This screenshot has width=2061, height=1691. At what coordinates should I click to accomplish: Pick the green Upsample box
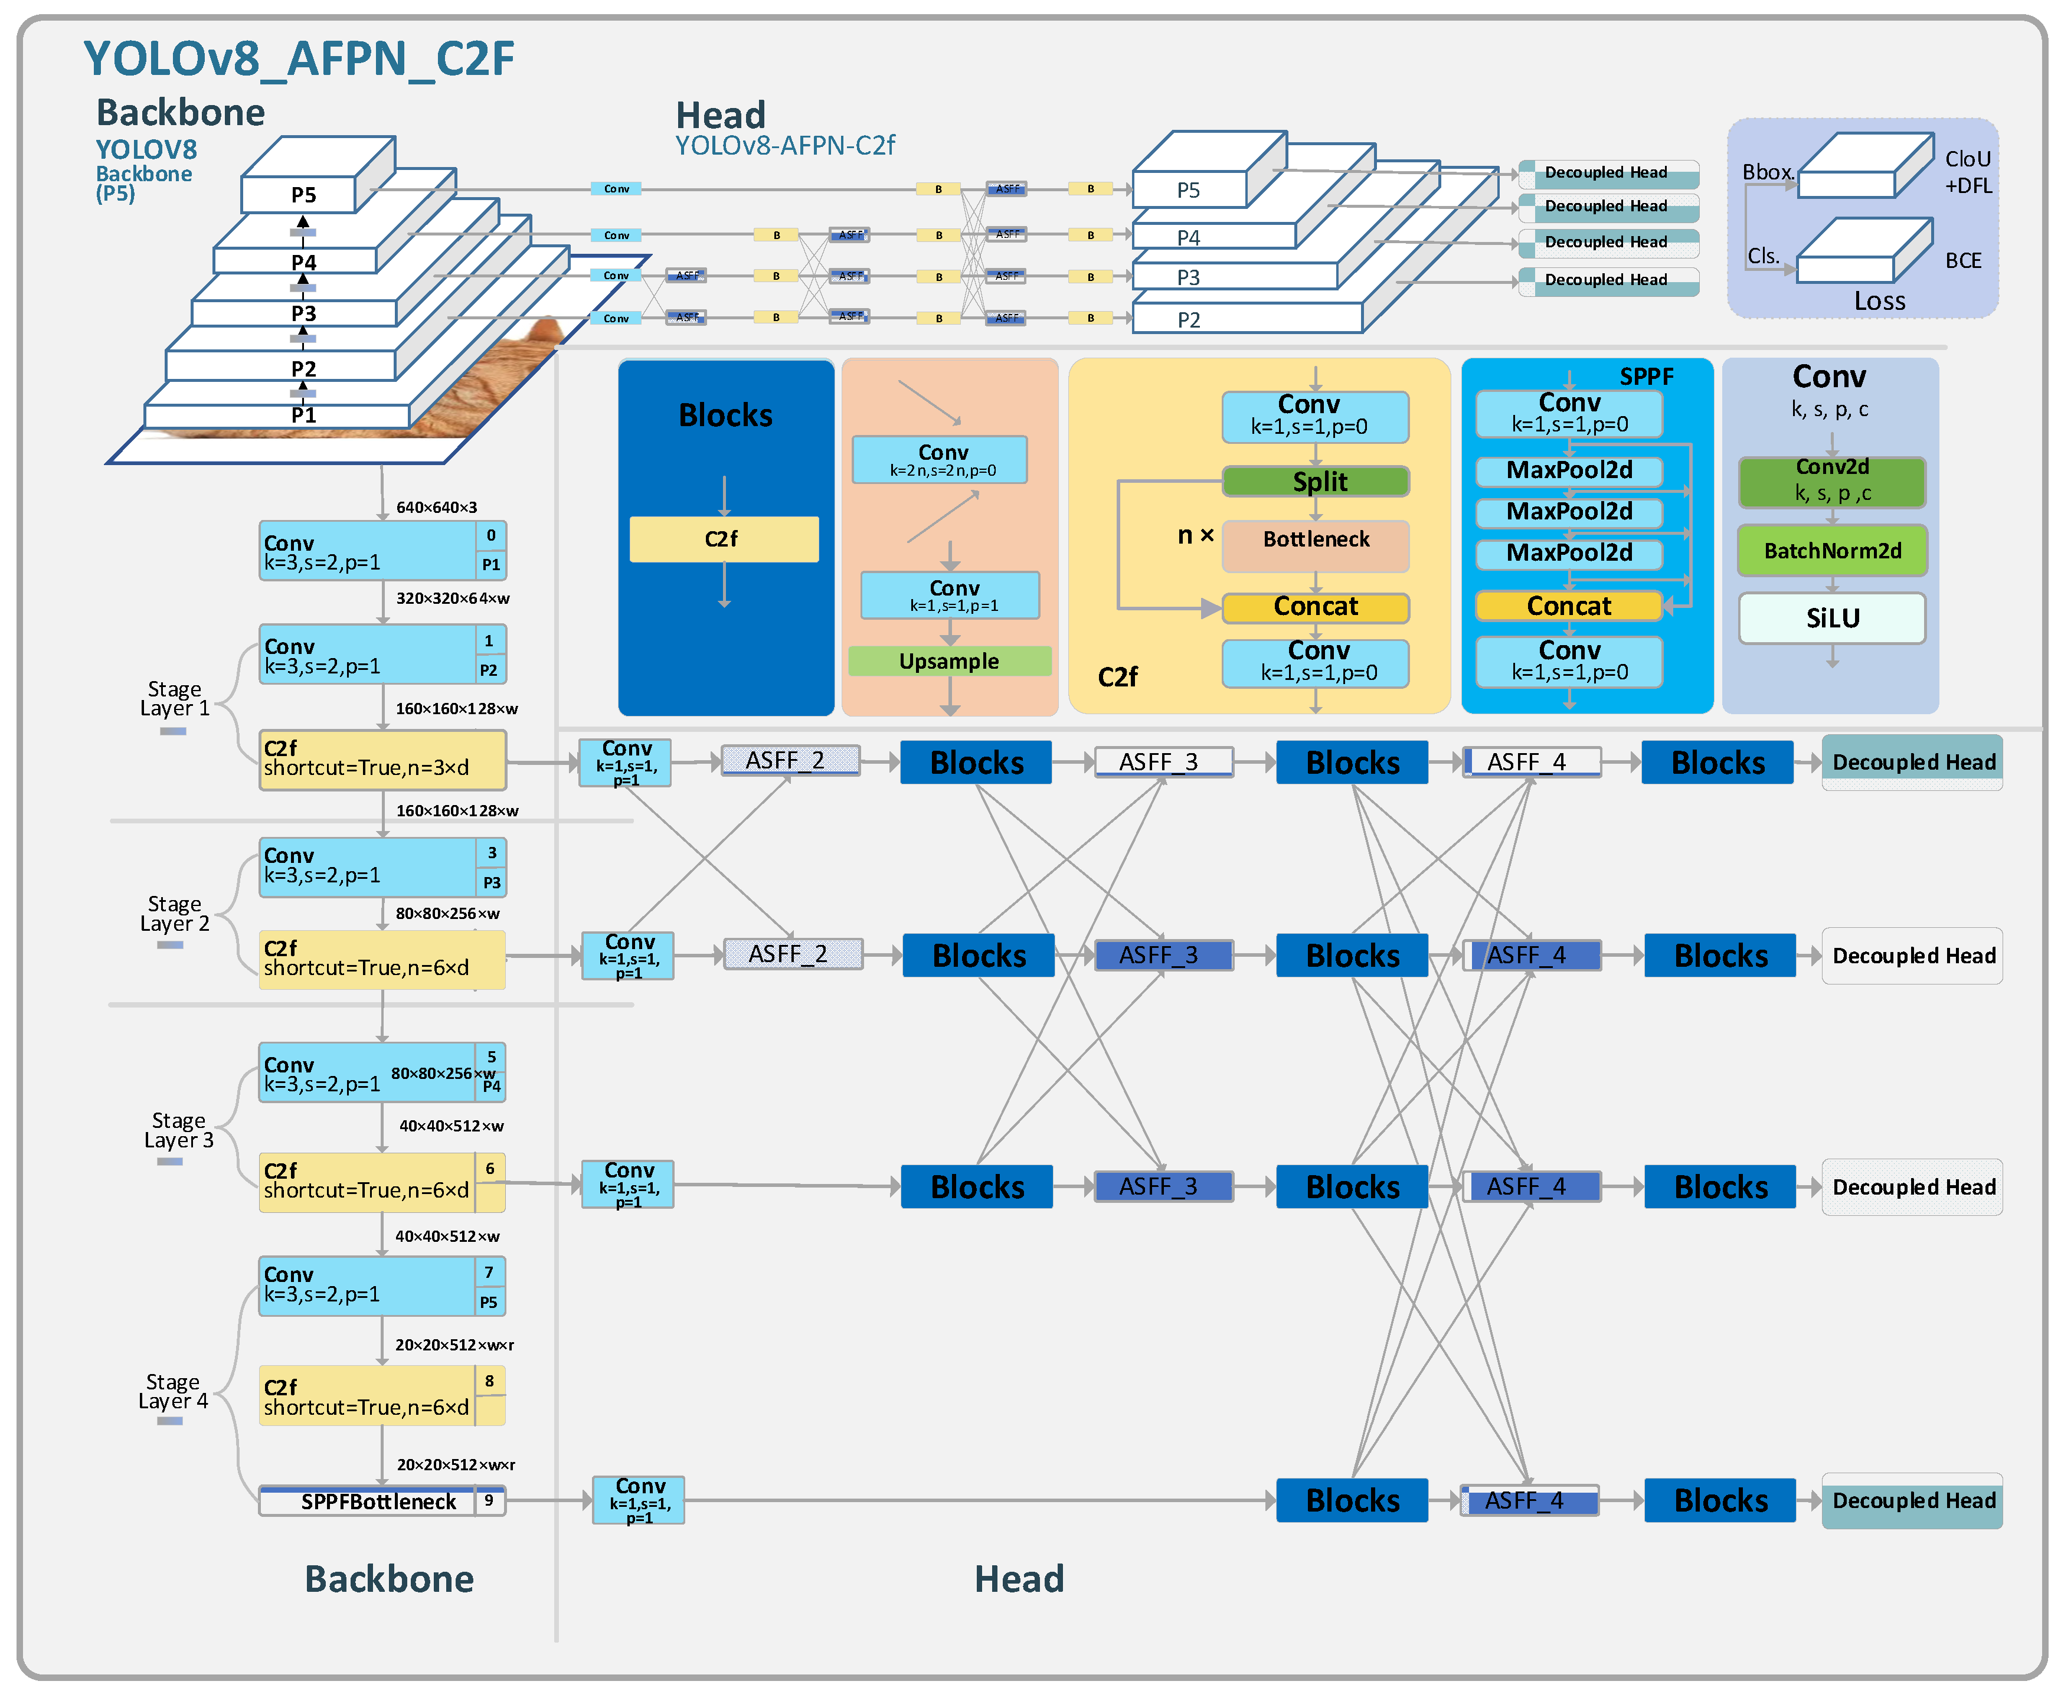[948, 662]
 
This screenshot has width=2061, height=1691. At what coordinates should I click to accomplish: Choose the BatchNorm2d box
[1831, 550]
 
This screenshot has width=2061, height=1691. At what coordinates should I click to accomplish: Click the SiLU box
[1831, 619]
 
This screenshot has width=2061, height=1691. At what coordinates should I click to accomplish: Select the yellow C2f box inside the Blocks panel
[723, 539]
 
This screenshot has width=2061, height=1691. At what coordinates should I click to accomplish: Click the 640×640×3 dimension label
[436, 508]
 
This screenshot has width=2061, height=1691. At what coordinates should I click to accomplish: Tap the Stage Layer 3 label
[178, 1130]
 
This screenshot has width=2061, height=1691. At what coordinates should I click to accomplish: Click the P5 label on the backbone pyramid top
[303, 195]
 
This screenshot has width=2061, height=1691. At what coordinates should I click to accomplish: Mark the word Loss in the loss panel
[1879, 301]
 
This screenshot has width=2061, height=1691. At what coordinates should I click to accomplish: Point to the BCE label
[1962, 261]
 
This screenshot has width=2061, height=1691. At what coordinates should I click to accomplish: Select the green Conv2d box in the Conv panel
[1831, 481]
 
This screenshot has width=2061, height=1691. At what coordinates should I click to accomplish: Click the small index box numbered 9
[489, 1500]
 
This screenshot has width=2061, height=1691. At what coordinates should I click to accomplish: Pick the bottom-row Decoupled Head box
[1912, 1500]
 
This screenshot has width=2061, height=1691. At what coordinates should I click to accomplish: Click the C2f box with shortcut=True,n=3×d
[382, 759]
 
